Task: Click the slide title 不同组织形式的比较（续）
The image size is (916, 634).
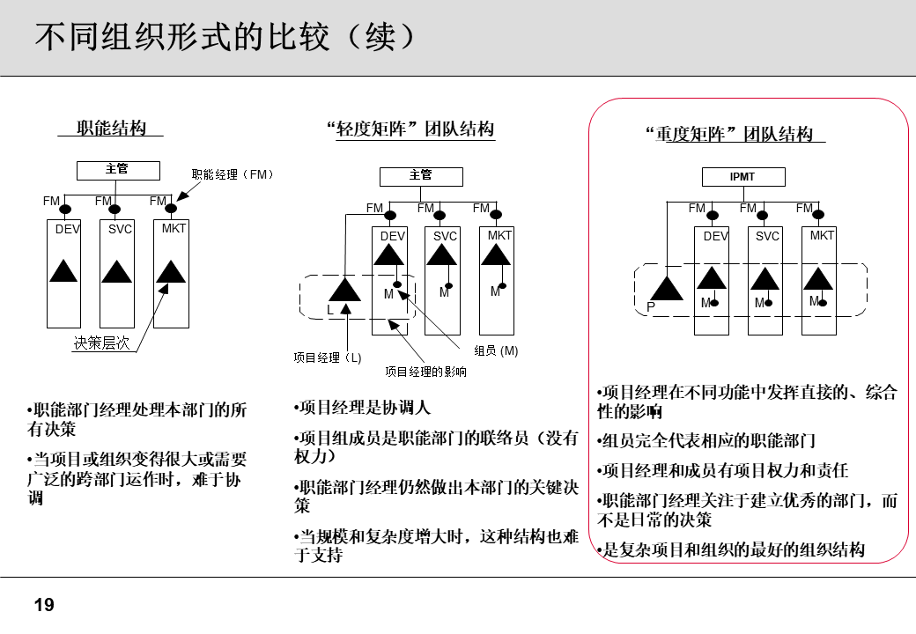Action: click(224, 38)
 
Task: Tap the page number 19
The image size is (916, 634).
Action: click(43, 605)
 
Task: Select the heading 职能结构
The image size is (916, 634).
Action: click(111, 129)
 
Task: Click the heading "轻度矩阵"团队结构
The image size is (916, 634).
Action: click(410, 129)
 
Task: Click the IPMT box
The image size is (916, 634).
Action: click(742, 177)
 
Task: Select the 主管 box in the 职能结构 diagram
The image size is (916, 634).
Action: click(117, 170)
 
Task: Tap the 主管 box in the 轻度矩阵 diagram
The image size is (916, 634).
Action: click(421, 176)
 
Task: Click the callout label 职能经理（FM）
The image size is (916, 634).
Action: click(233, 174)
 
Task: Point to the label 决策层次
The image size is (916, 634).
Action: click(101, 343)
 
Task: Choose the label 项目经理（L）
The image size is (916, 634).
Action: click(327, 358)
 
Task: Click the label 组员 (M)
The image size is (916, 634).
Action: click(496, 350)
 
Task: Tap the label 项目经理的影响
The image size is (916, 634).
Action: click(425, 372)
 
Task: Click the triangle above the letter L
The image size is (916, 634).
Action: click(344, 288)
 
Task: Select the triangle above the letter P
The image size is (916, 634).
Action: click(667, 287)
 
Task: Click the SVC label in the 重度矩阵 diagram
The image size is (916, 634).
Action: click(767, 236)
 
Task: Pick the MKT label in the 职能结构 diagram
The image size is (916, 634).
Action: click(174, 229)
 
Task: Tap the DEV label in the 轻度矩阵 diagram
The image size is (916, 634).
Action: click(392, 236)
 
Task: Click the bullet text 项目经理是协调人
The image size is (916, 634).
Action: click(362, 409)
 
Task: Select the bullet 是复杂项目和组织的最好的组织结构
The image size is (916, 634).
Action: click(731, 550)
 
